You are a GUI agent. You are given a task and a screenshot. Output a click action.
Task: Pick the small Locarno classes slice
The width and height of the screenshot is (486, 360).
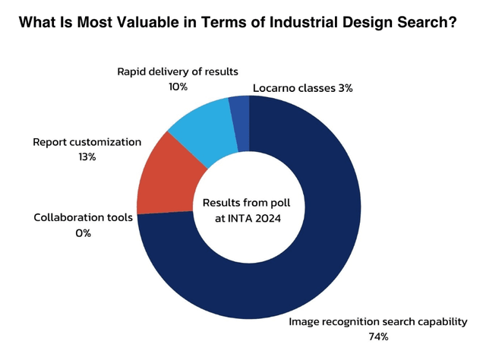click(x=240, y=111)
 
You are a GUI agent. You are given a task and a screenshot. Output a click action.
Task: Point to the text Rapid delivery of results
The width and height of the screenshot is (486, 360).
click(x=177, y=72)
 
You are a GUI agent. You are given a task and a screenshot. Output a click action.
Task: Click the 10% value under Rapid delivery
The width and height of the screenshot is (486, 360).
click(x=178, y=87)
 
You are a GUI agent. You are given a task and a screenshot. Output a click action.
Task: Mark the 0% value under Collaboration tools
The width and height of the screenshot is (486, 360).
click(x=83, y=233)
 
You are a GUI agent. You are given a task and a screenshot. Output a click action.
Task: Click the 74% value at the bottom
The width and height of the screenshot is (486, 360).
click(x=377, y=336)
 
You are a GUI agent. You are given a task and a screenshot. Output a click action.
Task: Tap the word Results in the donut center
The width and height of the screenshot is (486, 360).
click(x=221, y=204)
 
